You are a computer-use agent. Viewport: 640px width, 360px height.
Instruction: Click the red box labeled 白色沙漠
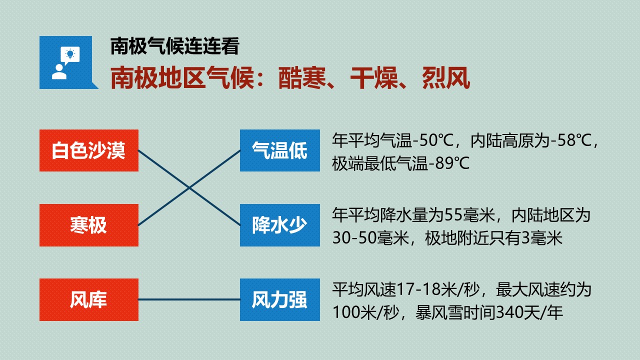tap(89, 150)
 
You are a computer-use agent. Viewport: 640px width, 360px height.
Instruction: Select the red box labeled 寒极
tap(89, 225)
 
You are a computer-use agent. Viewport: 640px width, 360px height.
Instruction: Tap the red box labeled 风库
tap(89, 299)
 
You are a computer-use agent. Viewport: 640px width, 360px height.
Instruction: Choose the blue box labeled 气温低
tap(279, 150)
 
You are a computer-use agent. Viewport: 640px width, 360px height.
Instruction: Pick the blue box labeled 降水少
tap(279, 225)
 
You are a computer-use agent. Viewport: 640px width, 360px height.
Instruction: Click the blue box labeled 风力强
tap(279, 299)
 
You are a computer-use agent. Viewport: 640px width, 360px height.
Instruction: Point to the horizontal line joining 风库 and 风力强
tap(189, 299)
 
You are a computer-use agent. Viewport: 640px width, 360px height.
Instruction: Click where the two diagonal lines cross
tap(189, 188)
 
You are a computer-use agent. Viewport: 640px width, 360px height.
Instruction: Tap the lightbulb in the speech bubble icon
tap(70, 53)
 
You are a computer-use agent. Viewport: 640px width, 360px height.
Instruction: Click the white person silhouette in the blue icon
tap(59, 72)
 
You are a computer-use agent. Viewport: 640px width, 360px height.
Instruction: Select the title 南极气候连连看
tap(174, 46)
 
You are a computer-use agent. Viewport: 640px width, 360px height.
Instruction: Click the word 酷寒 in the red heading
tap(302, 77)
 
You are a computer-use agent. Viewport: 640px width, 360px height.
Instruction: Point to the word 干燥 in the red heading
tap(374, 77)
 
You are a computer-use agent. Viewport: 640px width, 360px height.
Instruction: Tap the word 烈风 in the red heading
tap(446, 77)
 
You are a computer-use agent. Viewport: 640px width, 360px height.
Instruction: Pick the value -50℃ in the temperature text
tap(432, 141)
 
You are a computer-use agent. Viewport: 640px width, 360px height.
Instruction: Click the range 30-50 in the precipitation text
tap(354, 238)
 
